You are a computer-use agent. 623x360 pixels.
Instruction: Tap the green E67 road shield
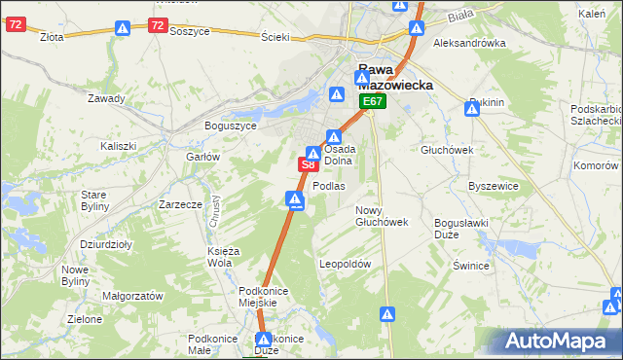pos(374,101)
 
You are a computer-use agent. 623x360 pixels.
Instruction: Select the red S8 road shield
pos(307,165)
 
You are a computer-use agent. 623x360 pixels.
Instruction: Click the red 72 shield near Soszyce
pos(158,26)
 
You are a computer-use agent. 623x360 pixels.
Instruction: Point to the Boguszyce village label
pos(230,126)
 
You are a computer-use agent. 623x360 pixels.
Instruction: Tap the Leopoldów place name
pos(346,264)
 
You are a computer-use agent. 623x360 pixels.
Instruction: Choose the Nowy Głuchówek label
pos(381,216)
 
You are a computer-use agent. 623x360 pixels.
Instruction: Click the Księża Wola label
pos(219,257)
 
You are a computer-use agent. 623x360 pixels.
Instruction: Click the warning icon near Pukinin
pos(472,110)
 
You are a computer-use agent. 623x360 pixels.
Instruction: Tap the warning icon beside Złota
pos(122,30)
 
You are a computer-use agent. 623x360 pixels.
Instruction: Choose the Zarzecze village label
pos(180,205)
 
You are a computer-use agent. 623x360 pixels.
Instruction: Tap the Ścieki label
pos(275,37)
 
